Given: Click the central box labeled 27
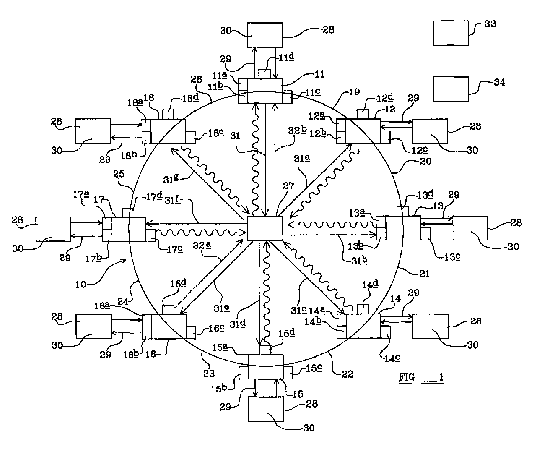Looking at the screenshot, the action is point(265,228).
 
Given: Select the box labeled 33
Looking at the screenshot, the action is point(451,33).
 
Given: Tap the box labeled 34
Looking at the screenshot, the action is point(451,89).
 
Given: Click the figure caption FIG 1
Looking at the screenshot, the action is point(421,377).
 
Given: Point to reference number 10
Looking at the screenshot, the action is point(80,285).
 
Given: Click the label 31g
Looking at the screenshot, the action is point(171,179).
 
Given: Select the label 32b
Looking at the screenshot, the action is point(297,130).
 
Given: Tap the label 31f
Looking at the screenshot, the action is point(172,200).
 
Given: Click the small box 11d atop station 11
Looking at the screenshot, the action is point(265,74).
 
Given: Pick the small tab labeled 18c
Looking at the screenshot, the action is point(190,137).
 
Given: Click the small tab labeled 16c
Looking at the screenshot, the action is point(191,332).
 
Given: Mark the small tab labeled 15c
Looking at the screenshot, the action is point(288,373).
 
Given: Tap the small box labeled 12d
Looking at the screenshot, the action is point(363,114).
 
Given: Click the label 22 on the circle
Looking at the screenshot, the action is point(348,374).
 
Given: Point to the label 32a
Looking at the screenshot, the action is point(202,245).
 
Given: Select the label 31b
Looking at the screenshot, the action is point(359,260).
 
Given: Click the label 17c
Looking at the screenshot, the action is point(174,249).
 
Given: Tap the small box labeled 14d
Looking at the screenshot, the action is point(363,309).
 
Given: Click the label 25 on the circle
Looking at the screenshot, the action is point(119,174).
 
